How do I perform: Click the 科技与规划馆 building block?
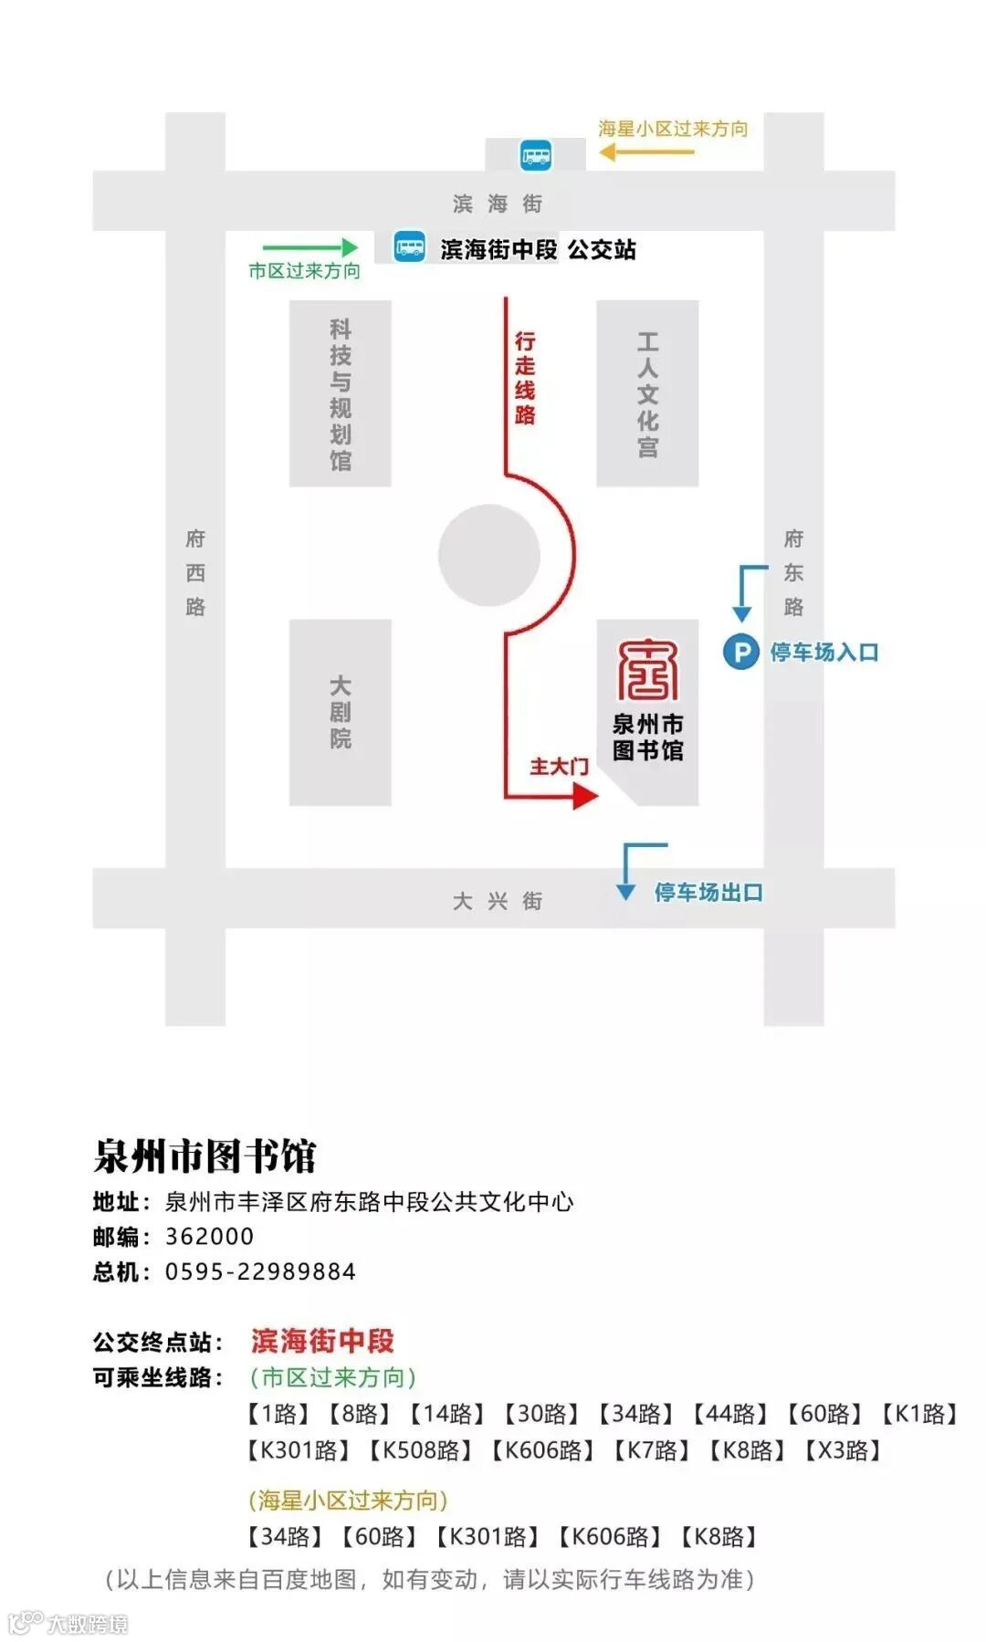coord(340,393)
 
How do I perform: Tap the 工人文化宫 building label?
coord(647,393)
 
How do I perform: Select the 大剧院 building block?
coord(340,712)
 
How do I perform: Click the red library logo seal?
coord(647,669)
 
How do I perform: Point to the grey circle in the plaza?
coord(488,555)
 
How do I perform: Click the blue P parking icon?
coord(740,652)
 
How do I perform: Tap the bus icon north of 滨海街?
coord(536,154)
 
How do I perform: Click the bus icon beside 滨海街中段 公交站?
coord(409,247)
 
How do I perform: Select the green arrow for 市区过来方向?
coord(310,246)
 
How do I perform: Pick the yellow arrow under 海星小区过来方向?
coord(646,152)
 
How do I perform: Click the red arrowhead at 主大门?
coord(585,796)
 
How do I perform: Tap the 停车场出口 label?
coord(708,892)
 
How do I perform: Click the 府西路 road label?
coord(195,572)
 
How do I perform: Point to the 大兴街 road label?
coord(498,901)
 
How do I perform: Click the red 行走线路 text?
coord(525,378)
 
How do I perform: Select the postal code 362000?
coord(209,1237)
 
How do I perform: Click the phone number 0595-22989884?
coord(260,1271)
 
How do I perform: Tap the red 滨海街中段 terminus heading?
coord(322,1341)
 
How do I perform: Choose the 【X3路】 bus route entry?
coord(842,1450)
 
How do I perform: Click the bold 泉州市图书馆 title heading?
coord(205,1156)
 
